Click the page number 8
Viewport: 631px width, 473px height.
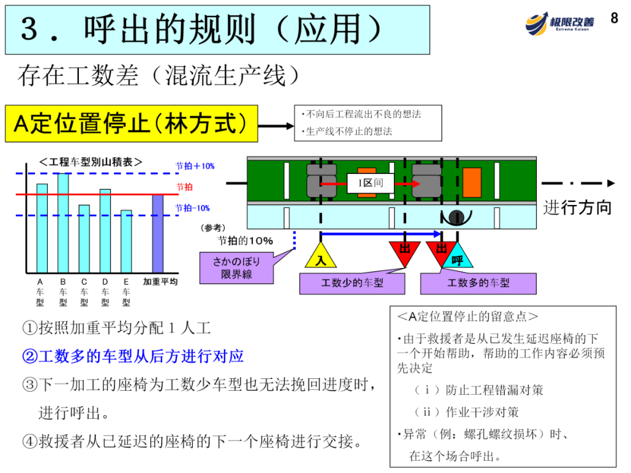614,18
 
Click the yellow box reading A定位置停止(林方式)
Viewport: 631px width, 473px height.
131,124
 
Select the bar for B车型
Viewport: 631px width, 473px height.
63,223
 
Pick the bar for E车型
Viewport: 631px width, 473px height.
126,241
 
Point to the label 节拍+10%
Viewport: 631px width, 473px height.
195,166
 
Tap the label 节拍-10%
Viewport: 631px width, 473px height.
193,208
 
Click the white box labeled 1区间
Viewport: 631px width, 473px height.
370,183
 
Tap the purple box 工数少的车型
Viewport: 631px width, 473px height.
352,283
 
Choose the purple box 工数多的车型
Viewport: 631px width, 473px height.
478,283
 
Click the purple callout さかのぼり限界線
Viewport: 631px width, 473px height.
236,267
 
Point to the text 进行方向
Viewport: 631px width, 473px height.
577,207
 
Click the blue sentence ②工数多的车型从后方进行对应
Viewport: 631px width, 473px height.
133,356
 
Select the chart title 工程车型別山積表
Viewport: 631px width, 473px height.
91,162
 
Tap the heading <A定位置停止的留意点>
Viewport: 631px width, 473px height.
467,317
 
